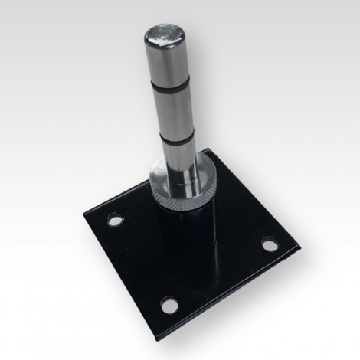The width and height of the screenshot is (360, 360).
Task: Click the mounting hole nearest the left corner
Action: pos(114,221)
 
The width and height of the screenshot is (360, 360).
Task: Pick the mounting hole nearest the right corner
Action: pos(268,246)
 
